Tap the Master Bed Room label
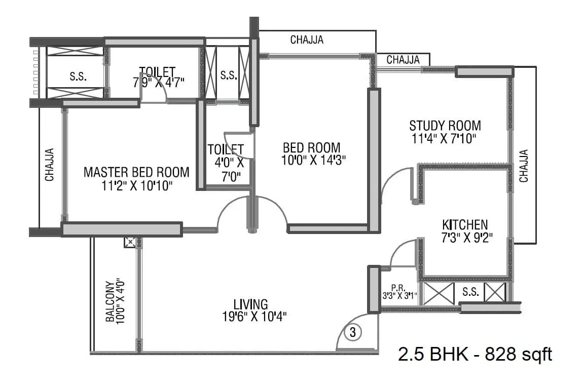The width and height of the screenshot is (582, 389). tap(136, 172)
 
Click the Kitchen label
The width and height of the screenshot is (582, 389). tap(465, 224)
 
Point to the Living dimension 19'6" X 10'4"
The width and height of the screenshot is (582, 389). tap(250, 317)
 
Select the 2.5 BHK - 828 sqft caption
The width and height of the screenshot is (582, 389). tap(475, 354)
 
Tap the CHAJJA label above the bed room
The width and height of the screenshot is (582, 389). tap(307, 40)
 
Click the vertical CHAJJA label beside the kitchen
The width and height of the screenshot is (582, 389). tap(524, 166)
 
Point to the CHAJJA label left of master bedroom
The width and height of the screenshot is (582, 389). tap(50, 165)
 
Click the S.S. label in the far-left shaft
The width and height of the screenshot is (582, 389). tap(78, 77)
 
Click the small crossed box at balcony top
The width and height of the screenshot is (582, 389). tap(130, 243)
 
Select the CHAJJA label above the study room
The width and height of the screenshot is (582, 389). tap(403, 60)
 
